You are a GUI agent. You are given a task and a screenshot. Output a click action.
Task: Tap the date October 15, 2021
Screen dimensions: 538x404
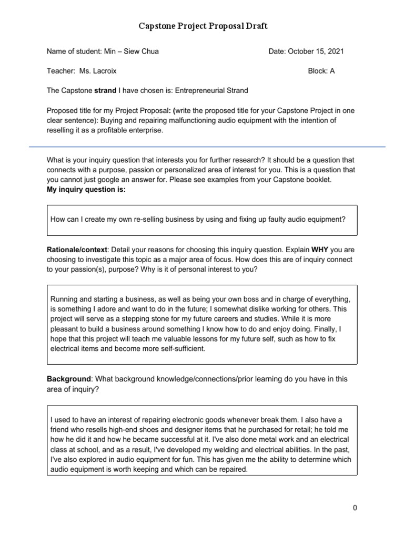pos(318,51)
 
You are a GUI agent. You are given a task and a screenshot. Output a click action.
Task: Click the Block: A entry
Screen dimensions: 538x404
pos(321,71)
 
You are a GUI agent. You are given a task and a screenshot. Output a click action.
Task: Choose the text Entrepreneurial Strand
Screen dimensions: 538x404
pos(211,90)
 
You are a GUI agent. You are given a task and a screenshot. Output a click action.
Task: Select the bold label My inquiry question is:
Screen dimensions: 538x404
pos(86,189)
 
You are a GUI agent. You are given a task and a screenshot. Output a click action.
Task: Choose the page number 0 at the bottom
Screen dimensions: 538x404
pos(355,508)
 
